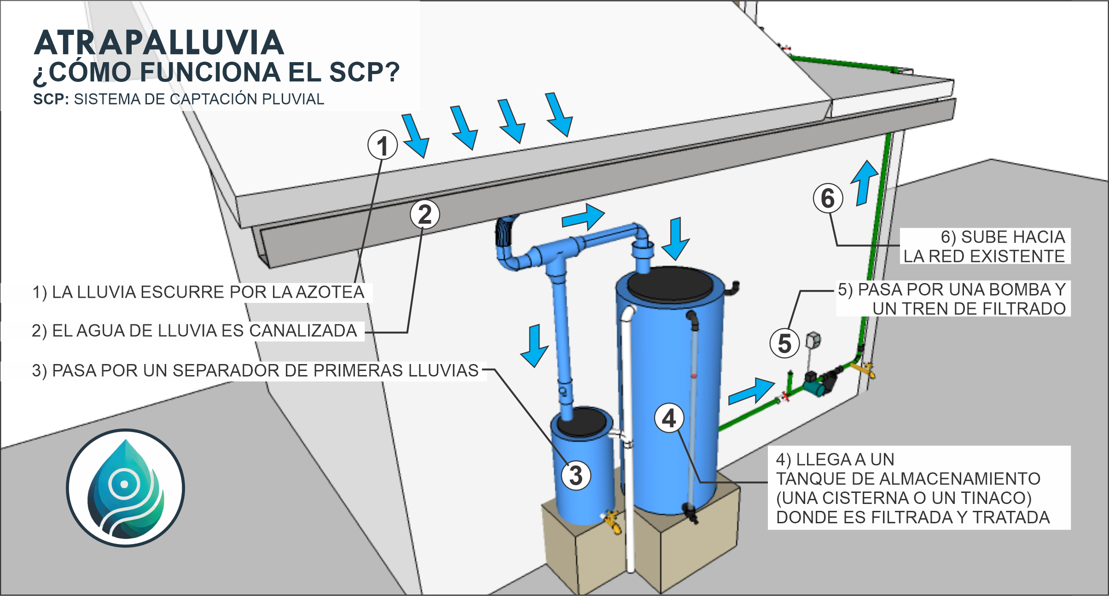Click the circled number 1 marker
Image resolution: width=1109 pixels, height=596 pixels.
[x=383, y=145]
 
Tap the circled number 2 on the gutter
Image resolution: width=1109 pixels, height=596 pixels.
[x=425, y=214]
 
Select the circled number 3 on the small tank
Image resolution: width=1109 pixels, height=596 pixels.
[x=575, y=475]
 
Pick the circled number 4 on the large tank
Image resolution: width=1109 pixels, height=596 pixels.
[x=669, y=418]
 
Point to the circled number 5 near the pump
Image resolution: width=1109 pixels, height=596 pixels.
[x=784, y=343]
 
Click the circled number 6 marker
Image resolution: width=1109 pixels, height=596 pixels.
[x=828, y=198]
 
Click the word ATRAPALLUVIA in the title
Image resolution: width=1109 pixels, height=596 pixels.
[x=159, y=43]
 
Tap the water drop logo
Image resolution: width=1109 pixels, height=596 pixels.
[x=125, y=488]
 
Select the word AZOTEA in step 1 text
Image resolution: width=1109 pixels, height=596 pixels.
[x=330, y=292]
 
